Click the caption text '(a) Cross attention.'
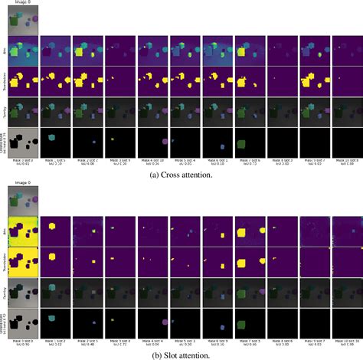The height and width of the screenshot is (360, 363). click(181, 174)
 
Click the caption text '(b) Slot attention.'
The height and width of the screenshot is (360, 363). click(181, 355)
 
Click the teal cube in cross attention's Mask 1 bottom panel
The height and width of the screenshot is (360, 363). click(52, 136)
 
